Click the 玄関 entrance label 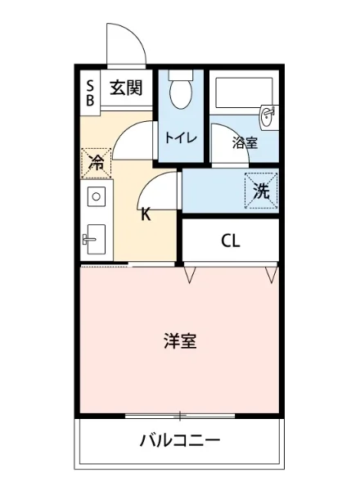click(127, 88)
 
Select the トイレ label click(180, 137)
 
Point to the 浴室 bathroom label click(244, 142)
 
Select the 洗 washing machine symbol click(261, 191)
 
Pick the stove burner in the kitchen click(96, 196)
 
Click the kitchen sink click(96, 237)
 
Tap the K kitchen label click(145, 216)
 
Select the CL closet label click(230, 241)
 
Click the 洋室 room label click(179, 341)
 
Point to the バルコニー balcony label click(179, 442)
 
